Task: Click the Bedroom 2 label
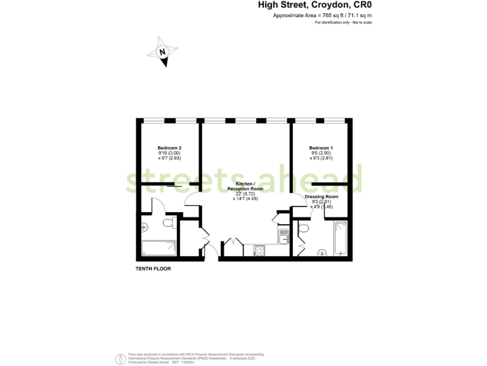tap(169, 147)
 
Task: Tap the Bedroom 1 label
tap(321, 147)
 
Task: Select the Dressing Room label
tap(321, 197)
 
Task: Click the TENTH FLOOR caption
tap(153, 269)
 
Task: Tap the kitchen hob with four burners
tap(259, 251)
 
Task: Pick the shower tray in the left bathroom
tap(159, 248)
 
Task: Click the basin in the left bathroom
tap(145, 226)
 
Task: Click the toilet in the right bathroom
tap(304, 227)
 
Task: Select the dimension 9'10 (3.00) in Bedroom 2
tap(169, 153)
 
